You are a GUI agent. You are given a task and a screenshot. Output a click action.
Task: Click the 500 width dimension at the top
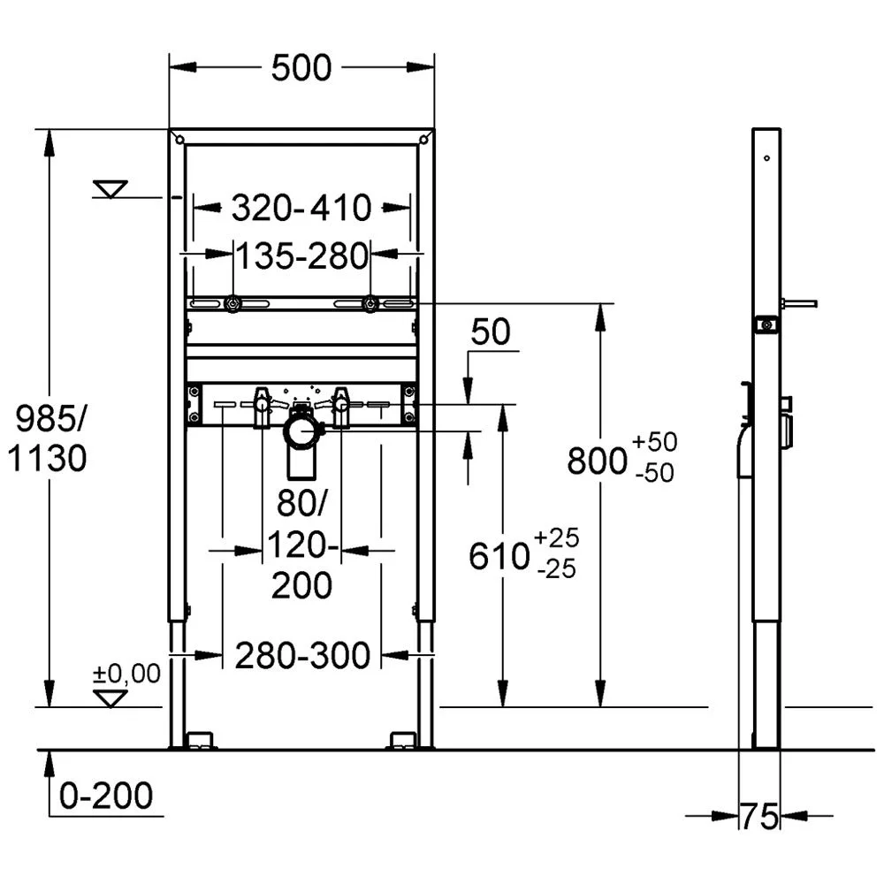coord(301,68)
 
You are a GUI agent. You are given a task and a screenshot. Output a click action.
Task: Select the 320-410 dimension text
coord(301,208)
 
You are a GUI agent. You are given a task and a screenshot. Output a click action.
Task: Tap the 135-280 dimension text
coord(301,256)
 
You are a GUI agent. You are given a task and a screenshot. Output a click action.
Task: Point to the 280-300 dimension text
coord(301,656)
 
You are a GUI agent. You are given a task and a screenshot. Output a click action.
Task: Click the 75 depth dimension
coord(759,816)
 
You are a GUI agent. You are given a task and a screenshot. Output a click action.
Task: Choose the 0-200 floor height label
coord(106,796)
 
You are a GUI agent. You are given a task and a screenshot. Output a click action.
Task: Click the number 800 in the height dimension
coord(597,461)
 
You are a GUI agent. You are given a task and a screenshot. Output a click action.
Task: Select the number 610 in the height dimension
coord(499,556)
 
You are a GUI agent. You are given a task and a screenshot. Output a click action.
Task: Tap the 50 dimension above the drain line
coord(491,331)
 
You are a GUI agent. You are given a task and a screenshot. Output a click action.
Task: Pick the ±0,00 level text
coord(126,674)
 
